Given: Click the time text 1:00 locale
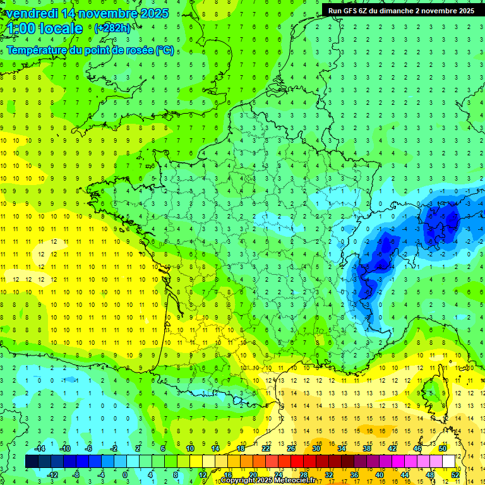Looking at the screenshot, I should (45, 28).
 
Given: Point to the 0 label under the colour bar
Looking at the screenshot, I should (125, 475).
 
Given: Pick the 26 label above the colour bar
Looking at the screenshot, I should (291, 448).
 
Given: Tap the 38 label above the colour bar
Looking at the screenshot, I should (367, 448).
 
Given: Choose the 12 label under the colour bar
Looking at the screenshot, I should (203, 475).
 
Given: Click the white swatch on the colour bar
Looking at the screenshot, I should (449, 462).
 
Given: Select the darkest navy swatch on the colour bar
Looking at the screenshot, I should (32, 462).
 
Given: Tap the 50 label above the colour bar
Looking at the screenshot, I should (443, 448).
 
